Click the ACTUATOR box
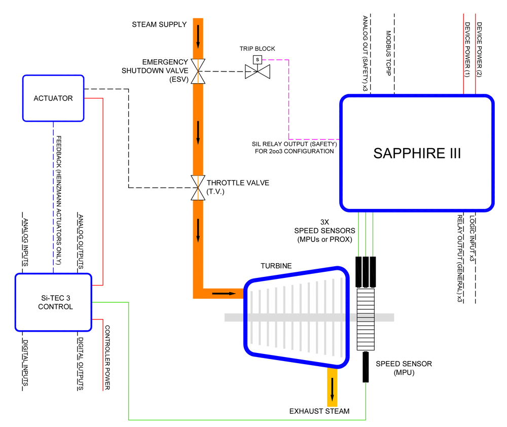[53, 98]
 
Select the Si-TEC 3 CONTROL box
[53, 302]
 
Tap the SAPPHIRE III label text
[417, 153]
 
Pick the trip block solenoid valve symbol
[257, 72]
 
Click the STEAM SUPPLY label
[159, 24]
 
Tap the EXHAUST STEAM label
[319, 411]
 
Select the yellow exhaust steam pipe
[333, 385]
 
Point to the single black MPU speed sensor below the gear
[365, 368]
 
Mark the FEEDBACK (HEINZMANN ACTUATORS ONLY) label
[59, 200]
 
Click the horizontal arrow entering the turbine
[224, 293]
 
